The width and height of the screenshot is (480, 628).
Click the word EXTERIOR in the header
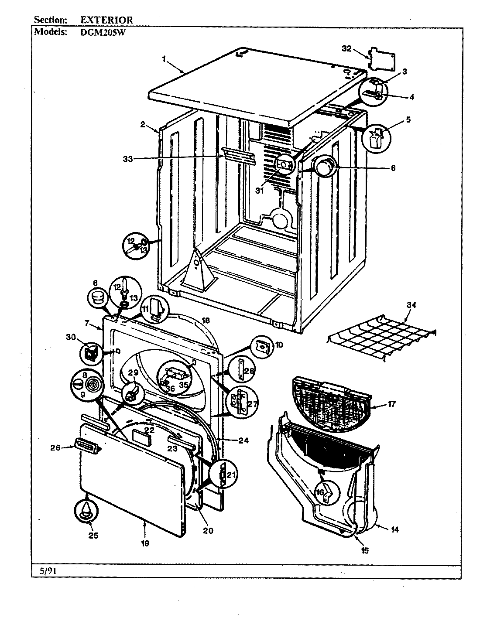pos(107,20)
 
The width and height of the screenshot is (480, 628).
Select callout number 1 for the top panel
pos(165,59)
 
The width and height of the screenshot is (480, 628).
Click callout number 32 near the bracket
pos(346,49)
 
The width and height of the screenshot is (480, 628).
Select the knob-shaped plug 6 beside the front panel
pos(97,299)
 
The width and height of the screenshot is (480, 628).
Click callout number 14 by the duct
pos(394,530)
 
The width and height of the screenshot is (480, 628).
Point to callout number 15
pos(365,550)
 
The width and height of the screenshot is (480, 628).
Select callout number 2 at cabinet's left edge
pos(143,125)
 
